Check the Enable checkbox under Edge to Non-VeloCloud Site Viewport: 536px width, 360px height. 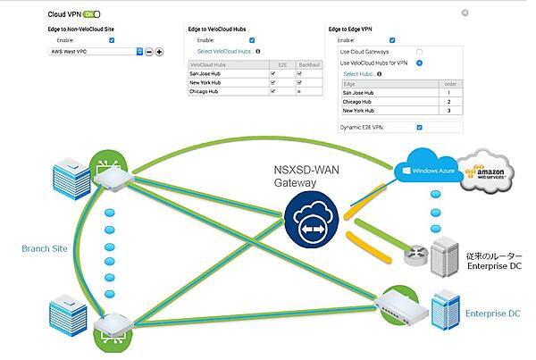tap(111, 40)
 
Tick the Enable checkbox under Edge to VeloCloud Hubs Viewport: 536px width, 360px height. tap(252, 40)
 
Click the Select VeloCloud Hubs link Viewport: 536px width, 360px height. tap(224, 51)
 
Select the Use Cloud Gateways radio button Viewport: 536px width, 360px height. tap(419, 52)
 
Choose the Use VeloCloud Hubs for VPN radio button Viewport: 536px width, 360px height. tap(419, 63)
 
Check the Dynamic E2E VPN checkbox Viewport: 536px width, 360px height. tap(419, 127)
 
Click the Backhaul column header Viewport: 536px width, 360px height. tap(308, 64)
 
